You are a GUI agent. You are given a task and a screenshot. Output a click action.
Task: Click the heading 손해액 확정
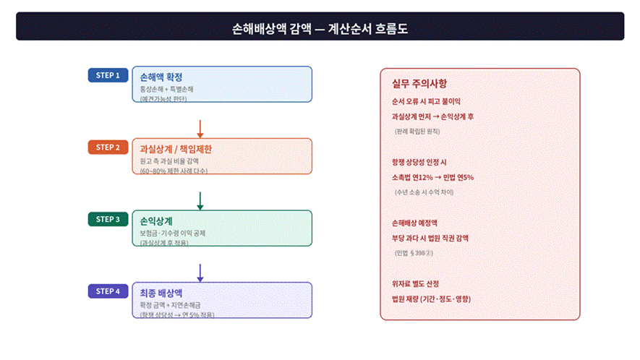pos(161,77)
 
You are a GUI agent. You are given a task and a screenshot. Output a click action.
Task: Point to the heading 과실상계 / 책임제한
pos(176,150)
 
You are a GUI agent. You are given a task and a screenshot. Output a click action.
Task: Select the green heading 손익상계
pos(156,221)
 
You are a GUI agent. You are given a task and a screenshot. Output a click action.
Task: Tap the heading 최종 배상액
pos(161,293)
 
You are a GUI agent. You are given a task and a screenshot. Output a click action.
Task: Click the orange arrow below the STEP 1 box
pos(200,128)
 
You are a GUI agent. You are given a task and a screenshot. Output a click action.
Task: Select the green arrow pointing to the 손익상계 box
pos(200,200)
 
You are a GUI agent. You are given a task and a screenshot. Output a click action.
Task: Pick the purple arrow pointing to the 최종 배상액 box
pos(200,272)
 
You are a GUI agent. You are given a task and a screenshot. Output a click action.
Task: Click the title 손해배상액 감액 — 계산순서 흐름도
pos(320,29)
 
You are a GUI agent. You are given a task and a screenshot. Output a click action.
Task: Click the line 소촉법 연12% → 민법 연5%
pos(432,177)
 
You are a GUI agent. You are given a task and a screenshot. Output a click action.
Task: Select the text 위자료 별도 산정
pos(415,283)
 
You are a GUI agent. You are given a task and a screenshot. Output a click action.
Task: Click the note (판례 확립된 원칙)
pos(417,132)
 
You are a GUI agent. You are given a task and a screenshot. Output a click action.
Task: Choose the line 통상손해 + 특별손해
pos(167,90)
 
